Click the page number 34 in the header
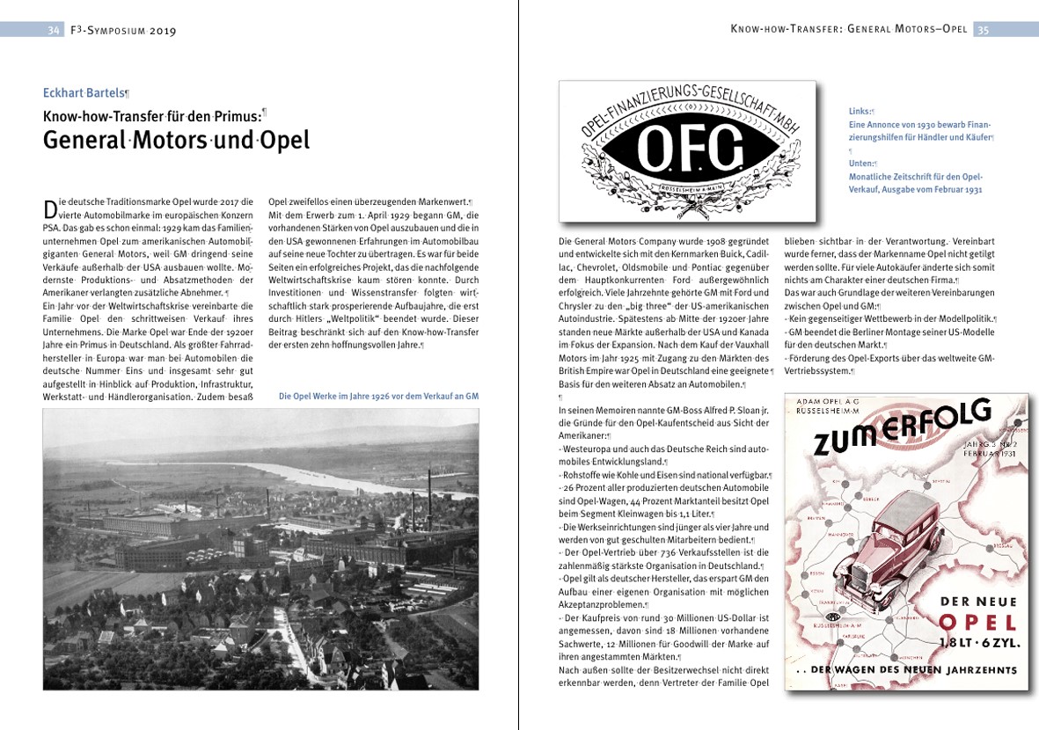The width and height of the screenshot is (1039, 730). point(54,30)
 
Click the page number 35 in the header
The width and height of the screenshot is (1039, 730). point(983,30)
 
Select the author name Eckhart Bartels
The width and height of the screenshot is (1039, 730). point(85,92)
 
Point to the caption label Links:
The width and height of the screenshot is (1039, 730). point(860,112)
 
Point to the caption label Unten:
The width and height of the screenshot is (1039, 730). point(861,164)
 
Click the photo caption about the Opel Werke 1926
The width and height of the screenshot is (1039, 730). point(378,397)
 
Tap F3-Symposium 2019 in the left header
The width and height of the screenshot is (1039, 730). point(123,31)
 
